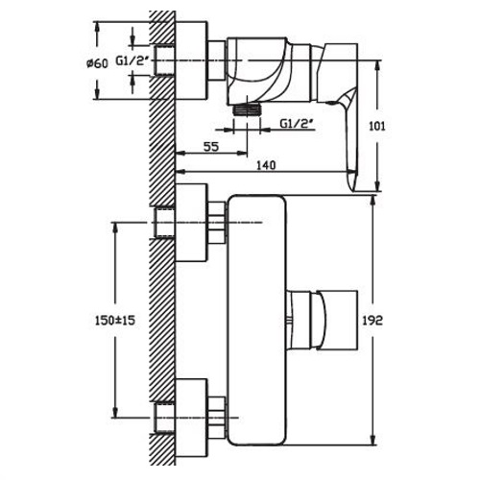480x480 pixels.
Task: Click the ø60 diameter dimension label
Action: [97, 63]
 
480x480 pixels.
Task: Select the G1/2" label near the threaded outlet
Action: [297, 123]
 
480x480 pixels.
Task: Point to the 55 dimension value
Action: [211, 147]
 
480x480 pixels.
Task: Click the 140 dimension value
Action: [266, 165]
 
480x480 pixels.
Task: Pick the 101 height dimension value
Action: [377, 127]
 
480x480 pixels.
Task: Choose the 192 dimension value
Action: [372, 320]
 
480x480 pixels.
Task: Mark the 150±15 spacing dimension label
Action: [115, 320]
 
